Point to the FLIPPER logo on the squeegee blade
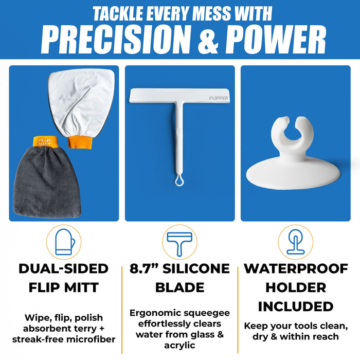pyautogui.click(x=220, y=97)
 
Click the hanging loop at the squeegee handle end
pyautogui.click(x=177, y=182)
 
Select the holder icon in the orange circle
pyautogui.click(x=295, y=242)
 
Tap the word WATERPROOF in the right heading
pyautogui.click(x=296, y=268)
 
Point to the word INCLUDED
pyautogui.click(x=296, y=307)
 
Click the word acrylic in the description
pyautogui.click(x=179, y=345)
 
